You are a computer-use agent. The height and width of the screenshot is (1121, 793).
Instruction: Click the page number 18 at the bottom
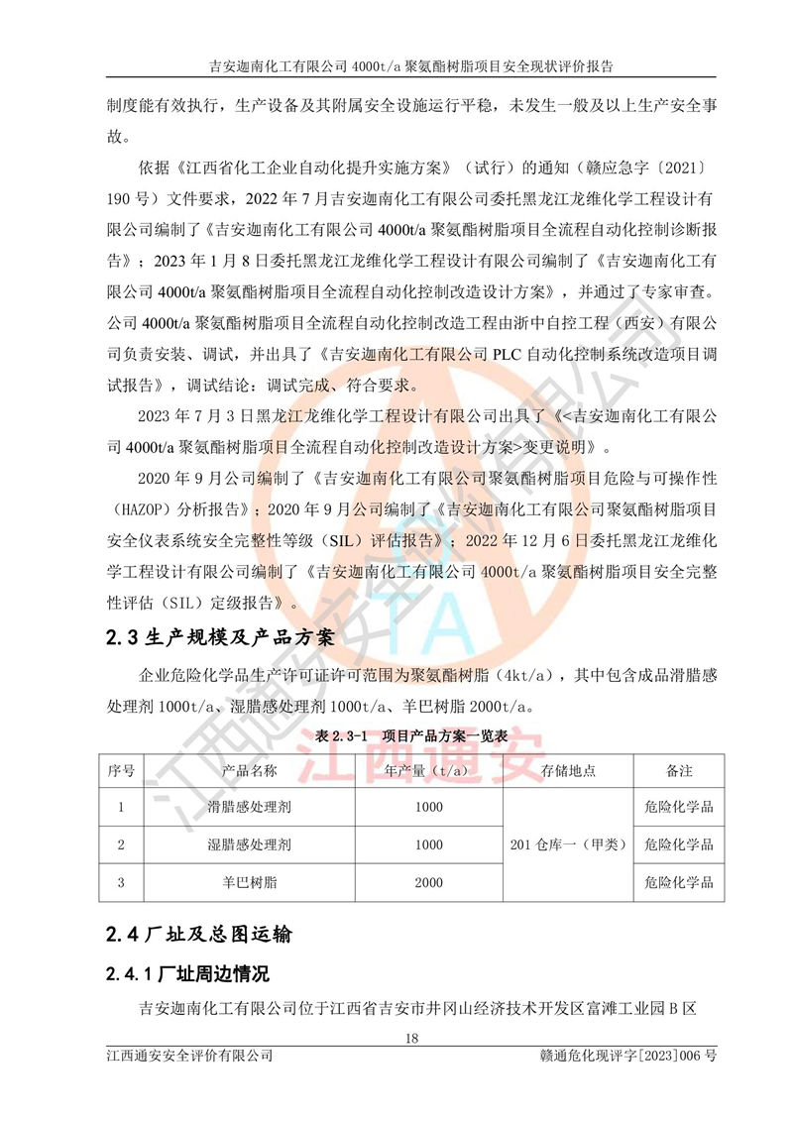tap(412, 1039)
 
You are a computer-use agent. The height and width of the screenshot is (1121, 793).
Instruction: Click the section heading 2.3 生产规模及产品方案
tap(235, 638)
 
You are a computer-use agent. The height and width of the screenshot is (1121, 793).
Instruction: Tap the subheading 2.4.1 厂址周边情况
tap(187, 973)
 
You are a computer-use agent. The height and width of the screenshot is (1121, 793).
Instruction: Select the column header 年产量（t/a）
tap(428, 770)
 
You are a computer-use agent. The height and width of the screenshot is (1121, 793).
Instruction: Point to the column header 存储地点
tap(568, 770)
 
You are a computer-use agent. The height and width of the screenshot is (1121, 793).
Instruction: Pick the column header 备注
tap(678, 770)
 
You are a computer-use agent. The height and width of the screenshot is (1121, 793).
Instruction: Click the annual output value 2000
tap(428, 881)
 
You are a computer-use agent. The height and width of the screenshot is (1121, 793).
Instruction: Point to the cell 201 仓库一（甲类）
tap(568, 844)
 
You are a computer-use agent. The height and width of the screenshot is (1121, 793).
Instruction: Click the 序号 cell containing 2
tap(121, 844)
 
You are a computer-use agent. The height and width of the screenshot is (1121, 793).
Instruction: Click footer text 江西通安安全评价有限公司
tap(189, 1057)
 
